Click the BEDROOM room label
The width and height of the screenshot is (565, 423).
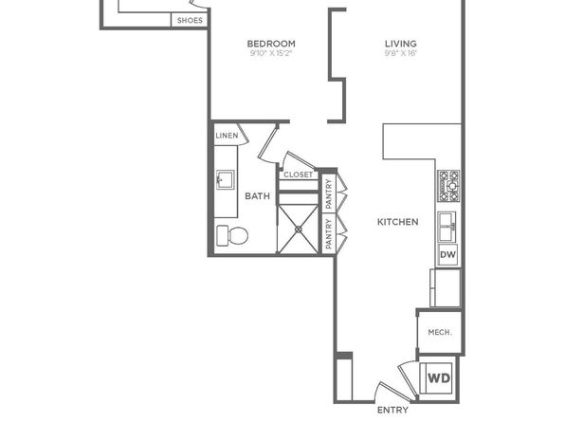[x=271, y=44]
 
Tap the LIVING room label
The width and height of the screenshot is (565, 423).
[x=401, y=44]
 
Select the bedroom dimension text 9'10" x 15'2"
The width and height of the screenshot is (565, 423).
[x=270, y=54]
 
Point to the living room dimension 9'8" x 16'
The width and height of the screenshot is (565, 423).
[x=401, y=54]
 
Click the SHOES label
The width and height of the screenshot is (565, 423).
[x=190, y=21]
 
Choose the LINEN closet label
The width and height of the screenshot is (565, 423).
[x=227, y=136]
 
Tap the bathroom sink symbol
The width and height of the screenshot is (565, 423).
[x=226, y=179]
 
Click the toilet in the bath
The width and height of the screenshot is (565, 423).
[x=232, y=235]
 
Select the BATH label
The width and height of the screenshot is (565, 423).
[x=257, y=196]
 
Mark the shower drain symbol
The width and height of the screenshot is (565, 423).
[x=299, y=229]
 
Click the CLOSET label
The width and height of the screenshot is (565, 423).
[x=298, y=175]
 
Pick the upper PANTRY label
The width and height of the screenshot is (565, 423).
[x=328, y=194]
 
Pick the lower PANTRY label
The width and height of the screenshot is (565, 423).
[x=328, y=233]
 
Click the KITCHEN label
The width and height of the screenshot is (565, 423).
[x=398, y=222]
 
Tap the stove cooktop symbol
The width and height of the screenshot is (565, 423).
[x=449, y=186]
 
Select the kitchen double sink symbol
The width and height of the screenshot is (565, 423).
[x=447, y=227]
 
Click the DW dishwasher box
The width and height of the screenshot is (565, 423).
[x=447, y=254]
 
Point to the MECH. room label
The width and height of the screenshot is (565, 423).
[x=440, y=332]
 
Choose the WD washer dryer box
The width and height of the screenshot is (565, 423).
[x=439, y=377]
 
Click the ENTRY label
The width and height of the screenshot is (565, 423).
[x=392, y=410]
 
